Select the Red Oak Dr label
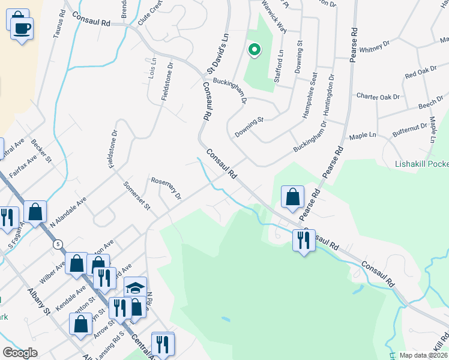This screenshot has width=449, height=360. point(421,74)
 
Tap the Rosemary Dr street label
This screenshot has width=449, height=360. point(166,187)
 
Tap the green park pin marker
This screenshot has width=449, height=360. point(254,50)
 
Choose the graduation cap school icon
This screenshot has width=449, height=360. point(136,287)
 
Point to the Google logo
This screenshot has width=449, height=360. point(20,352)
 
